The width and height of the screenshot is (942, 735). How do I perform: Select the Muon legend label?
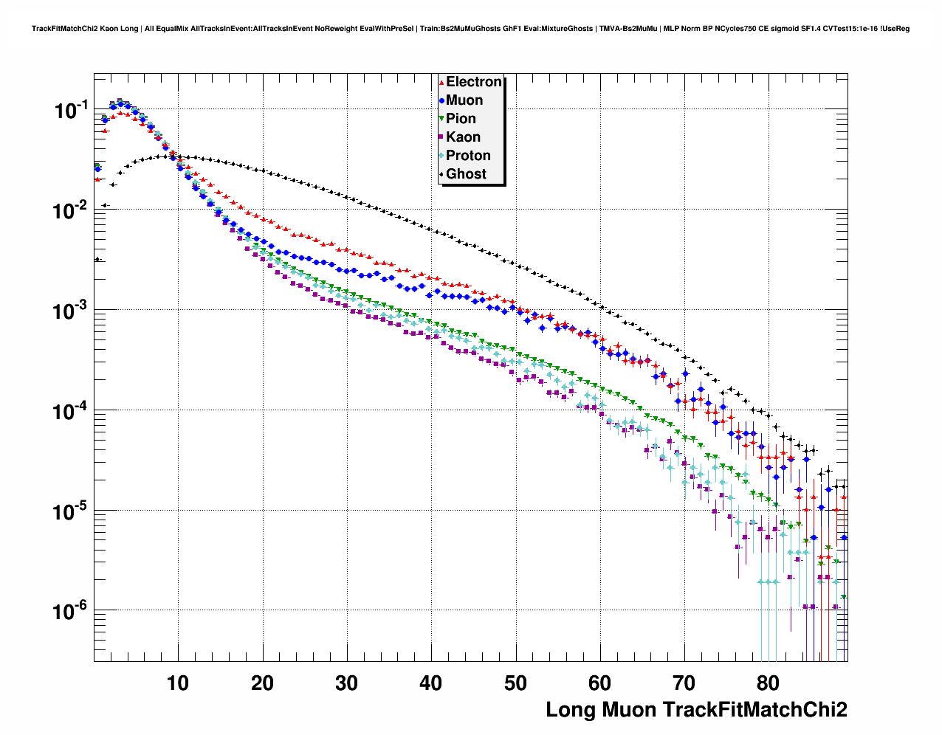coord(464,100)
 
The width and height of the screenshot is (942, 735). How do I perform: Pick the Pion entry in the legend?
coord(461,119)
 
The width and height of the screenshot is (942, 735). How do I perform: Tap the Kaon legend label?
coord(463,137)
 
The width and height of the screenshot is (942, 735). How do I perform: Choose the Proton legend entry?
coord(468,156)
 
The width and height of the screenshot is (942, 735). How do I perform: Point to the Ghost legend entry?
coord(466,174)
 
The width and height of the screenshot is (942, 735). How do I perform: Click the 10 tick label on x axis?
coord(178,683)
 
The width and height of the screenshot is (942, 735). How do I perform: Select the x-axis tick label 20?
coord(262,683)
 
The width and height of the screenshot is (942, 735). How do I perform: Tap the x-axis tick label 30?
coord(346,683)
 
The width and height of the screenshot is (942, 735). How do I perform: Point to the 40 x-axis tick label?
coord(431,683)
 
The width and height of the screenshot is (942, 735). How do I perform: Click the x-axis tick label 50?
coord(515,683)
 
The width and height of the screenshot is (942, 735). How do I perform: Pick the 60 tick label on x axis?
coord(600,683)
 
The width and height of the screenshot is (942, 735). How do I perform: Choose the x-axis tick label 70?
coord(684,683)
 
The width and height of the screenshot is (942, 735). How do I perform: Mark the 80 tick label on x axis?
coord(769,683)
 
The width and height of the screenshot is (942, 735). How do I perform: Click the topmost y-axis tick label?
coord(71,111)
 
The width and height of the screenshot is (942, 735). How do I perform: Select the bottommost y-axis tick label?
coord(71,611)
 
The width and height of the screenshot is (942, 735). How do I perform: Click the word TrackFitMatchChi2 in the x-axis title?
coord(754,710)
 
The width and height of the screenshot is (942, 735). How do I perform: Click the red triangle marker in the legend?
coord(441,83)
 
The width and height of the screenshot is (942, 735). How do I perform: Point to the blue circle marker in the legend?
coord(441,101)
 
